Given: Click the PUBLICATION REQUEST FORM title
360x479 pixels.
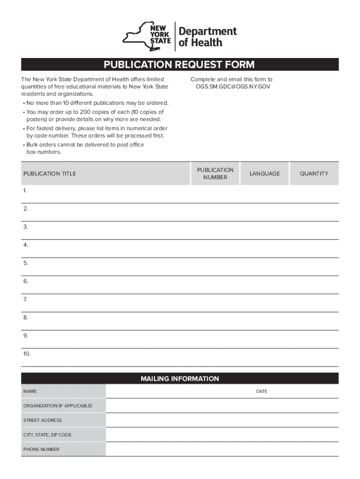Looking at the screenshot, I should click(x=180, y=65).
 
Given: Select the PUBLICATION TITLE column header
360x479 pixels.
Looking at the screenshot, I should click(x=50, y=174).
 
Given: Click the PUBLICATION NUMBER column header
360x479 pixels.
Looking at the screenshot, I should click(x=215, y=174).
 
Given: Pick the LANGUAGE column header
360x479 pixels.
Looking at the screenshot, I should click(x=265, y=174).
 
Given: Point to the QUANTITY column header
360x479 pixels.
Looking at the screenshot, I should click(x=314, y=174).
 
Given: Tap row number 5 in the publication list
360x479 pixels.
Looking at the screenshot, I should click(x=25, y=263).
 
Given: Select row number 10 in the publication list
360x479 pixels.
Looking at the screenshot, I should click(x=26, y=354).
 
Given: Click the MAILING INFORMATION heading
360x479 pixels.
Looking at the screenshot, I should click(x=180, y=379).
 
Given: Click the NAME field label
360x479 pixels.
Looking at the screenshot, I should click(x=30, y=391).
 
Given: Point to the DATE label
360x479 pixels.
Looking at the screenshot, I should click(x=262, y=391).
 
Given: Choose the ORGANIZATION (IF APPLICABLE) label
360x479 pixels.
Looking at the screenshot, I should click(x=58, y=406).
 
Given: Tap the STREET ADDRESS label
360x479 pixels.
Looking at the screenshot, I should click(x=43, y=421).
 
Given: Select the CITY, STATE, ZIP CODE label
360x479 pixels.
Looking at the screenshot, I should click(x=47, y=435).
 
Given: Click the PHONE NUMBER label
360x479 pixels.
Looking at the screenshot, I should click(x=41, y=450).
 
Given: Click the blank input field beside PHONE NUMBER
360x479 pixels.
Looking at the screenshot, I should click(x=222, y=450).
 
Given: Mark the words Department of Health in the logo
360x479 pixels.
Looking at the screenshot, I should click(x=208, y=37).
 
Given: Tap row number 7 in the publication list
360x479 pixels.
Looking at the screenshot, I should click(x=25, y=299).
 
